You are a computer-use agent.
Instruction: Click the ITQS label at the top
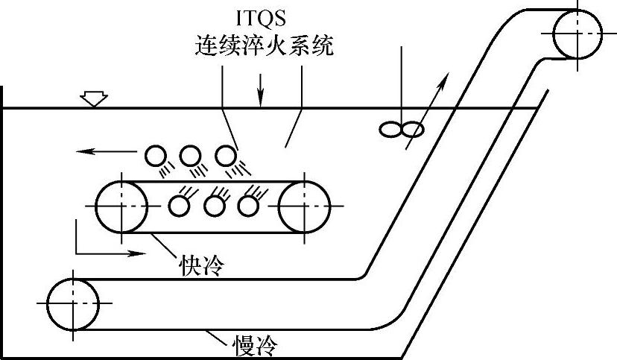pos(262,16)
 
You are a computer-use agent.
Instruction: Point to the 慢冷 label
pos(258,345)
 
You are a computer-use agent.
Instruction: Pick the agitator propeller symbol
pos(402,130)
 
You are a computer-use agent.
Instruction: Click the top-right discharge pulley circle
pos(577,34)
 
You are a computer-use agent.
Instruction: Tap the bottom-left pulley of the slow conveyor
pos(73,303)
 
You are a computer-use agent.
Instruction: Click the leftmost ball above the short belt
pos(156,156)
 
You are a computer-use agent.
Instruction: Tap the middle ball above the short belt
pos(191,156)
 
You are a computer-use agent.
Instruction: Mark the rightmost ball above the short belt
pos(226,156)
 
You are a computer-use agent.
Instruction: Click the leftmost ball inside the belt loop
pos(180,205)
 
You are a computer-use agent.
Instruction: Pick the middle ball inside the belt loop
pos(215,205)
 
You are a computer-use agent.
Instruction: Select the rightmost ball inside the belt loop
pos(249,205)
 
